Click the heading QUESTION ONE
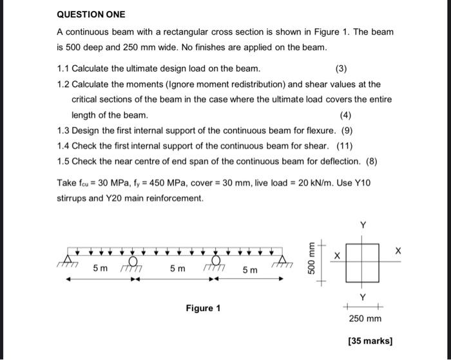pyautogui.click(x=91, y=14)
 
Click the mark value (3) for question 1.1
pyautogui.click(x=341, y=68)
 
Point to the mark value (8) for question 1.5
pyautogui.click(x=374, y=162)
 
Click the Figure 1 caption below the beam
pyautogui.click(x=203, y=308)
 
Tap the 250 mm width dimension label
pyautogui.click(x=365, y=319)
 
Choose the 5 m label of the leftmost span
pyautogui.click(x=101, y=268)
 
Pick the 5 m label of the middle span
pyautogui.click(x=178, y=269)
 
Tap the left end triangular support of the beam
pyautogui.click(x=67, y=258)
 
